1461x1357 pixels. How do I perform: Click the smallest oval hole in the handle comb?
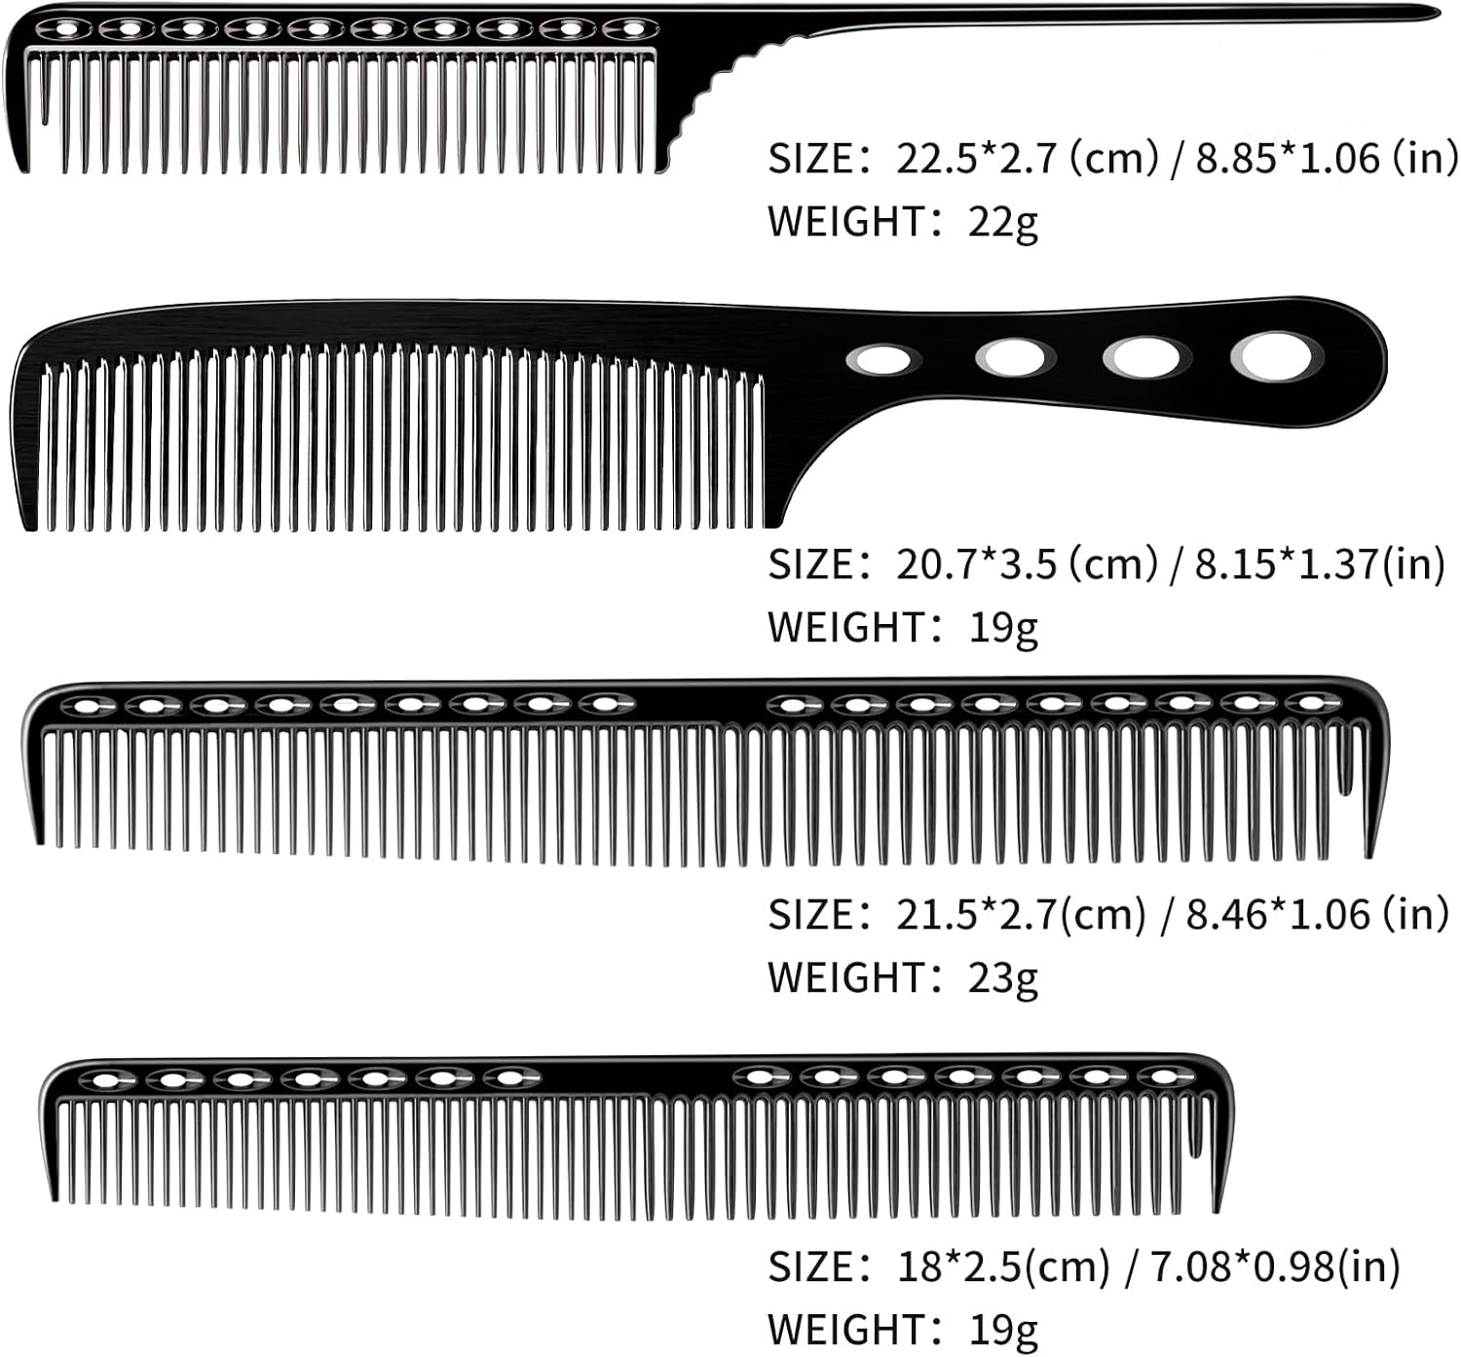tap(881, 359)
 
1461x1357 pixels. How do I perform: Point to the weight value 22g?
tap(1002, 222)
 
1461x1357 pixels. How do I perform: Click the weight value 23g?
tap(1002, 977)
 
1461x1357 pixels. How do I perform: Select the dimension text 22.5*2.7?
tap(976, 158)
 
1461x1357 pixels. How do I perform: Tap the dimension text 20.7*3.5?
tap(976, 565)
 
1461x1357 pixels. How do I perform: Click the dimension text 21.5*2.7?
tap(976, 914)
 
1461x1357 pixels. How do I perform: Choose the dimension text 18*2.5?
tap(959, 1266)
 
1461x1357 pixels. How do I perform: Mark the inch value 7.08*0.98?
tap(1243, 1266)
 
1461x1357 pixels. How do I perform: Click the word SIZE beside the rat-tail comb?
tap(811, 158)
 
